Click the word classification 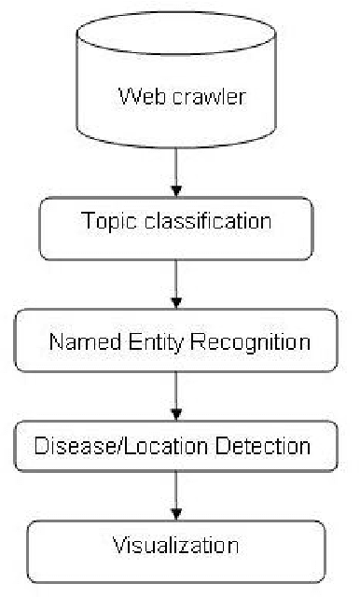[215, 222]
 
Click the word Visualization [175, 544]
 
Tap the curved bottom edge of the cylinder [177, 147]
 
